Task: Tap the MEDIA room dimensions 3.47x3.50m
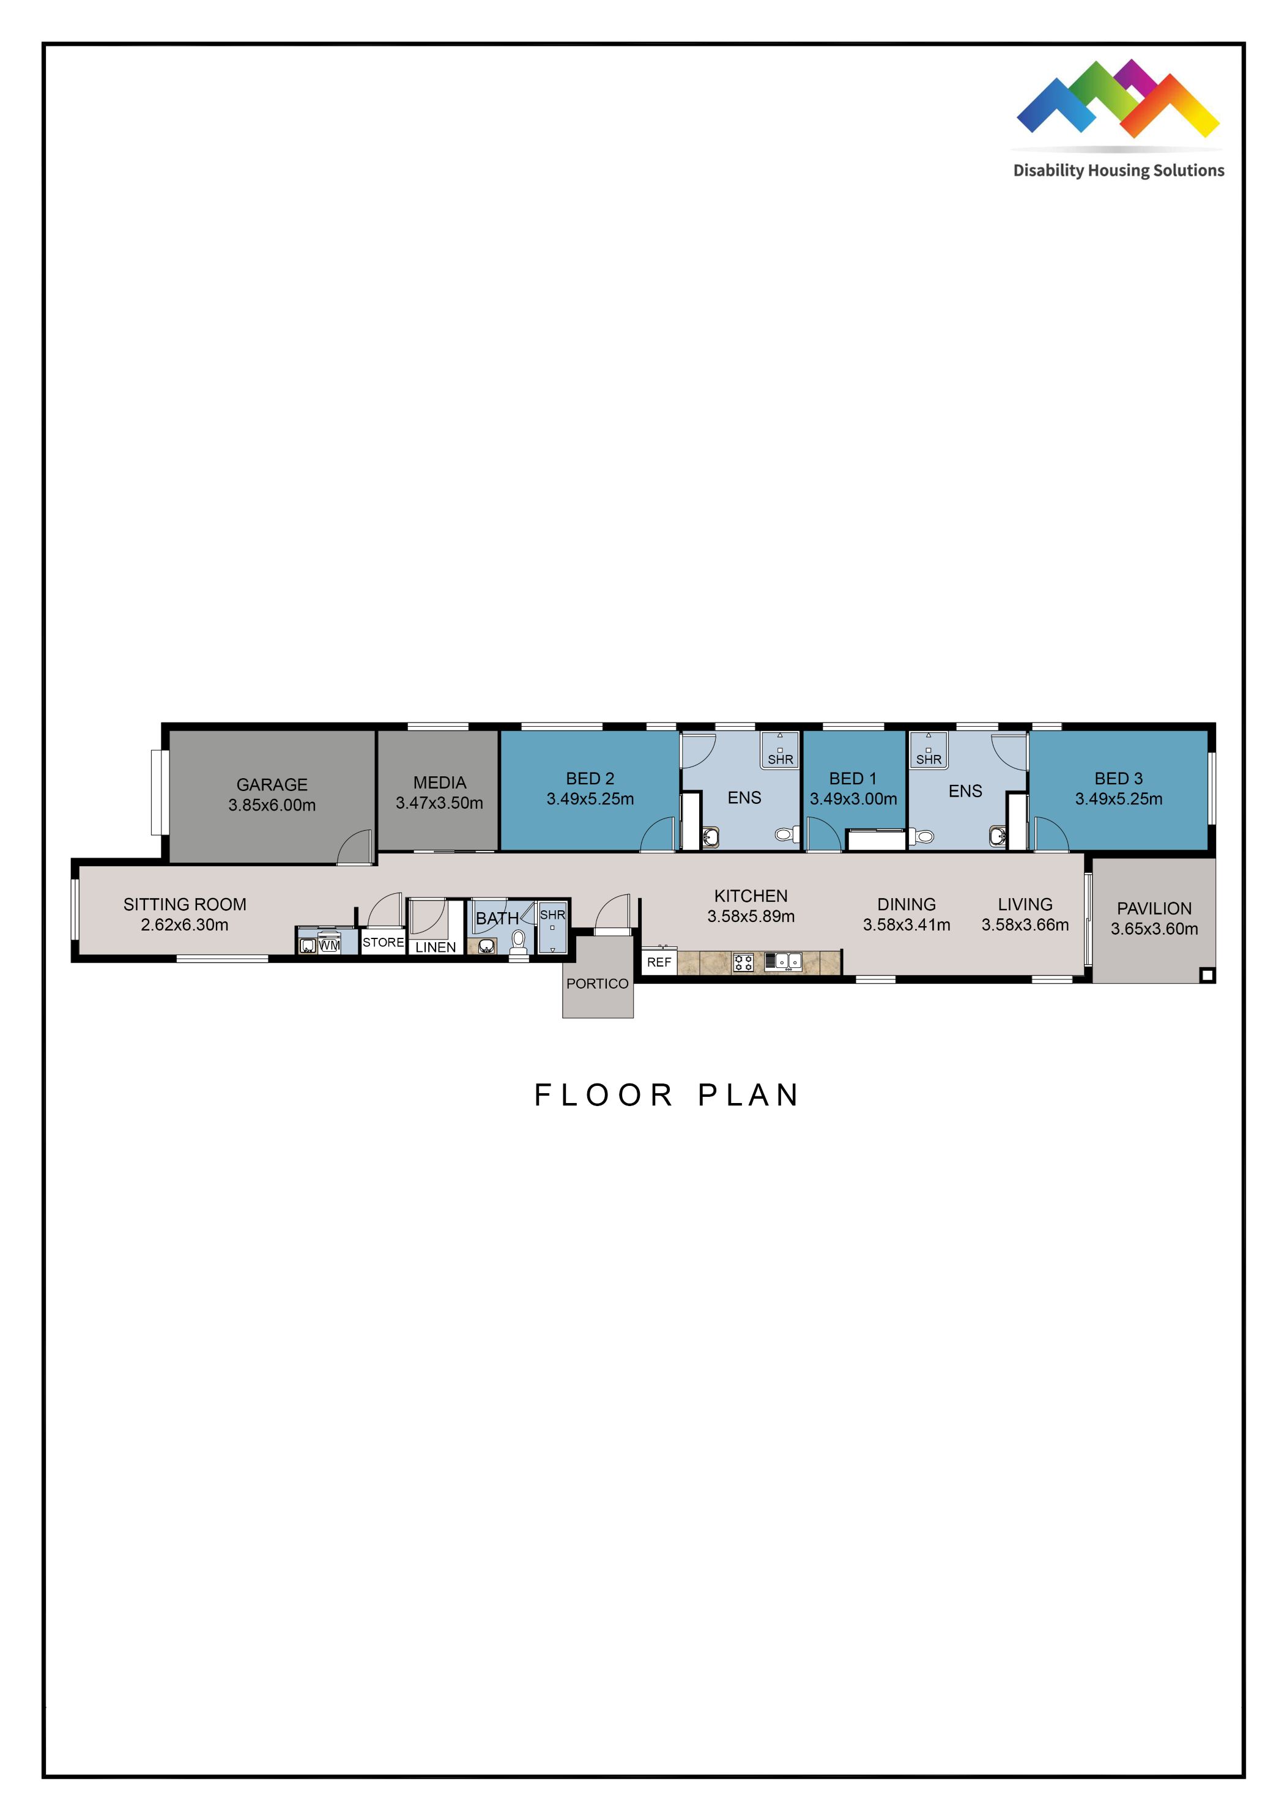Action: pyautogui.click(x=439, y=803)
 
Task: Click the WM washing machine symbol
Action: pyautogui.click(x=329, y=945)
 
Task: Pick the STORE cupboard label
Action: pyautogui.click(x=383, y=943)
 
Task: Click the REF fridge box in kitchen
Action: pyautogui.click(x=659, y=962)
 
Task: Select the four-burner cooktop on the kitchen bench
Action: pyautogui.click(x=743, y=963)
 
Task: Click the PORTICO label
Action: pyautogui.click(x=597, y=984)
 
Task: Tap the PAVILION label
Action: pyautogui.click(x=1154, y=908)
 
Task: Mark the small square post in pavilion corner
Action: pyautogui.click(x=1206, y=976)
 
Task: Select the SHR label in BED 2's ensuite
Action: pyautogui.click(x=780, y=759)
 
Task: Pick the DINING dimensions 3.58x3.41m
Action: pyautogui.click(x=906, y=925)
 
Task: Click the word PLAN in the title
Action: pyautogui.click(x=748, y=1096)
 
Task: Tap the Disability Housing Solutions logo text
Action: pyautogui.click(x=1118, y=171)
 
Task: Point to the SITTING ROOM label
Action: pyautogui.click(x=185, y=904)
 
